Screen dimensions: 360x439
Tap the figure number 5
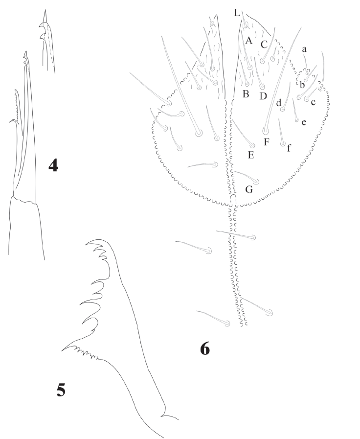(61, 390)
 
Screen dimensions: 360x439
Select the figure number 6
(205, 349)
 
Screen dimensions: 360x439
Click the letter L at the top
(237, 13)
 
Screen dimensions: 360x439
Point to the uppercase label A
(248, 41)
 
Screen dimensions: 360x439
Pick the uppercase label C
(264, 45)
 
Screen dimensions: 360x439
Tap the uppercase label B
(246, 94)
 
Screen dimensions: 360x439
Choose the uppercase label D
(263, 96)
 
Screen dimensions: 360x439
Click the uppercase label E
(251, 155)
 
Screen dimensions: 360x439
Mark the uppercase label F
(266, 142)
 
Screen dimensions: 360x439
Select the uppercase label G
(249, 189)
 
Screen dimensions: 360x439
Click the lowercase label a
(304, 49)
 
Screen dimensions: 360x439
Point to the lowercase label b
(302, 84)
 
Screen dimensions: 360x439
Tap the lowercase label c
(313, 102)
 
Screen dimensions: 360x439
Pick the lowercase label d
(279, 103)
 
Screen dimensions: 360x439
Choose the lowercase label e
(304, 122)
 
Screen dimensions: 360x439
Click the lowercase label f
(289, 147)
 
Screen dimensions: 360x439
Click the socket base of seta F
(266, 131)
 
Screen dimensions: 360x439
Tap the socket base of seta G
(256, 181)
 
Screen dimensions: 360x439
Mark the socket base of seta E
(252, 146)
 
